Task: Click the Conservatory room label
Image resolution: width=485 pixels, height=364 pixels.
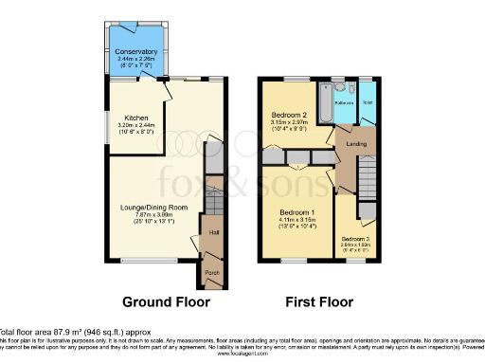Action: (136, 51)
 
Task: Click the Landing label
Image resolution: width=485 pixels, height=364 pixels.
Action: (355, 143)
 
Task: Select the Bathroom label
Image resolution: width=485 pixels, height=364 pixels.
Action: (343, 102)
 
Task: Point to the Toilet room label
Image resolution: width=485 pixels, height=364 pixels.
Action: (367, 100)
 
